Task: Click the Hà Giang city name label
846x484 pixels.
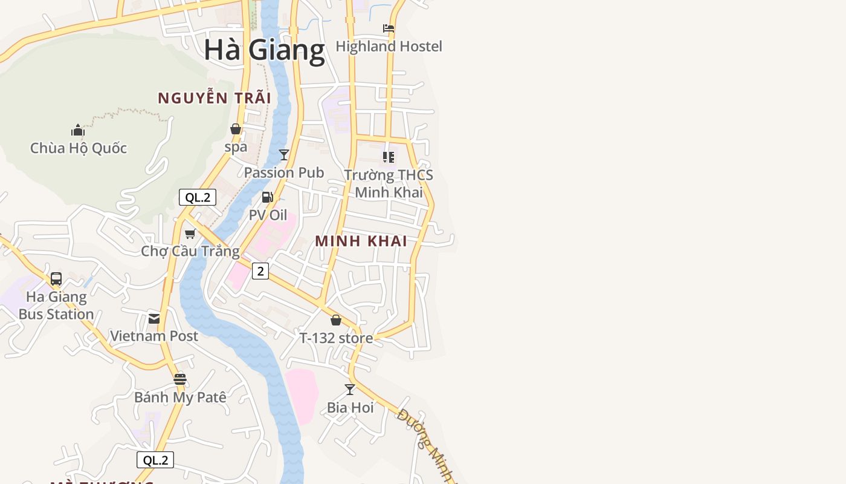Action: (264, 50)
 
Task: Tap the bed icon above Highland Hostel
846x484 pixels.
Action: (389, 28)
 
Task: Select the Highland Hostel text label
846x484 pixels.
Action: (389, 47)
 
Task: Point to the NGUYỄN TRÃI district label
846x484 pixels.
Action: (214, 98)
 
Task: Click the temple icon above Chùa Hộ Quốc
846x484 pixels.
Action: (78, 130)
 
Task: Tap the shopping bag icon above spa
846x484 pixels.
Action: (236, 129)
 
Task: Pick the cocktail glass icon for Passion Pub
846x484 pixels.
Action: (284, 155)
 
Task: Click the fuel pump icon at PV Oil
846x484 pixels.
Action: (267, 197)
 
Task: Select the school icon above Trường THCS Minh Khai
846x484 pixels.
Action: (389, 157)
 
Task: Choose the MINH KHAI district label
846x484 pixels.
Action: (361, 241)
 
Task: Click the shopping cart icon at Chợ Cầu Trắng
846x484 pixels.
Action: (190, 234)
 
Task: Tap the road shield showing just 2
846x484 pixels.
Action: (260, 271)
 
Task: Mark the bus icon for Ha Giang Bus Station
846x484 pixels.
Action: (56, 279)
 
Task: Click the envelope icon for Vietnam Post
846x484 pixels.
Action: (154, 318)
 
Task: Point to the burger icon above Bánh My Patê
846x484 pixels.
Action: (180, 379)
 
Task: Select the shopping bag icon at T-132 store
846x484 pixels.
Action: (336, 320)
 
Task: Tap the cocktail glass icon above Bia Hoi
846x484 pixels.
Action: (350, 390)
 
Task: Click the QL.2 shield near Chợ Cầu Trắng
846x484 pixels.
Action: (198, 197)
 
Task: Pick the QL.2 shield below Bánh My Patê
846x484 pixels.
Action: (155, 460)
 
